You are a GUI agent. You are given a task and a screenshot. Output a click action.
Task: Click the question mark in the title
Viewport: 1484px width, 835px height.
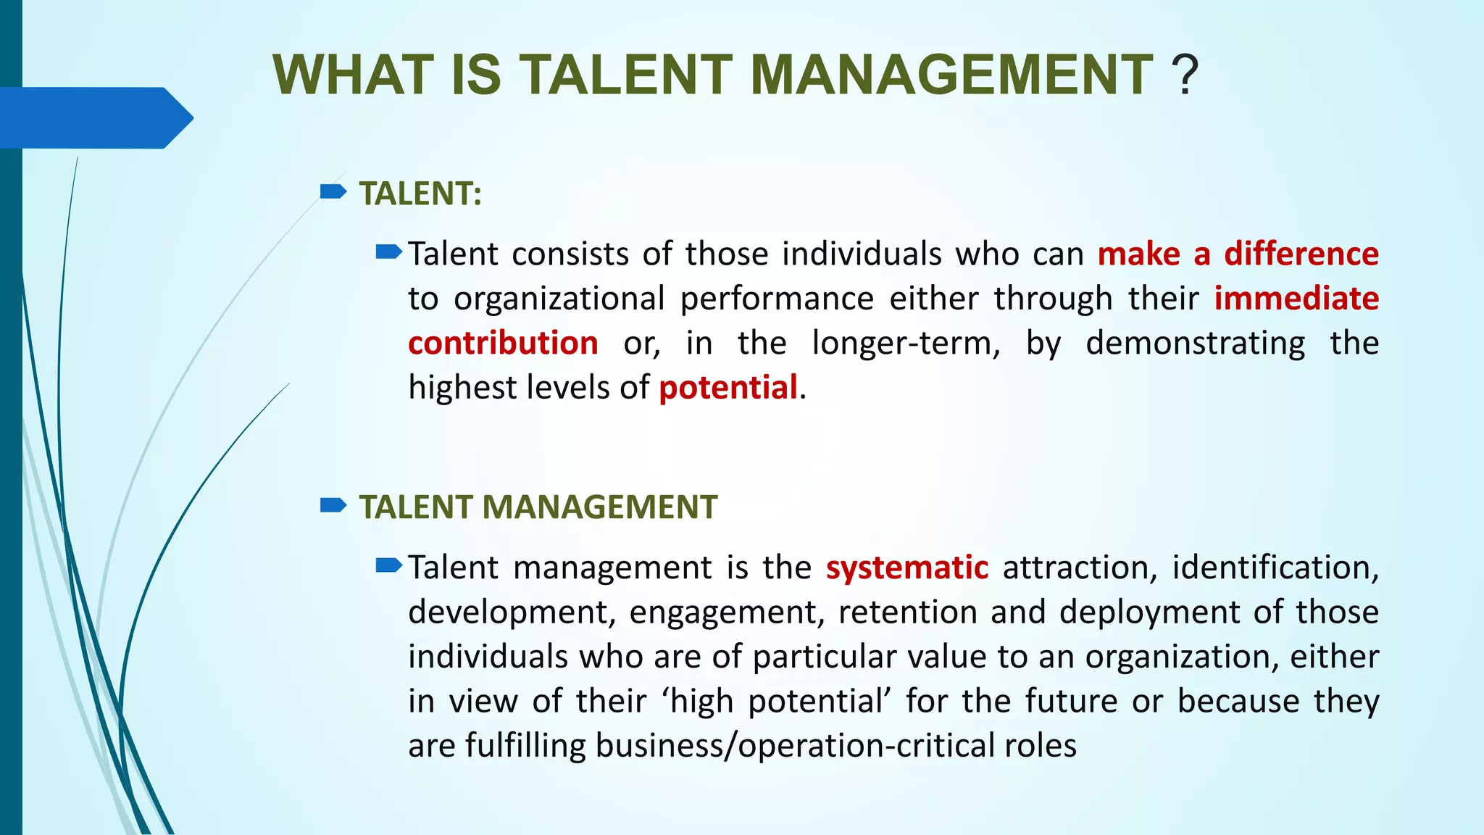pyautogui.click(x=1185, y=75)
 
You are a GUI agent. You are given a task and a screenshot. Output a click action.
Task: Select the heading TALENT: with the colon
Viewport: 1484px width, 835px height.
pyautogui.click(x=420, y=194)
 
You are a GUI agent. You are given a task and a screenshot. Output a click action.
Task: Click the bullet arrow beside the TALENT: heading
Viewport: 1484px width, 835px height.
pyautogui.click(x=333, y=192)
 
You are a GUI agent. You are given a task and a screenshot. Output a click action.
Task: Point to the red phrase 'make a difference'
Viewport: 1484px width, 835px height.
pyautogui.click(x=1238, y=254)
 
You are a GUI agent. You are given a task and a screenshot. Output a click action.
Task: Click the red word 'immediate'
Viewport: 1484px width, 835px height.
pyautogui.click(x=1296, y=299)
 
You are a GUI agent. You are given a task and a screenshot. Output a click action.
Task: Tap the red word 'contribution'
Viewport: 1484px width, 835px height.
pyautogui.click(x=503, y=344)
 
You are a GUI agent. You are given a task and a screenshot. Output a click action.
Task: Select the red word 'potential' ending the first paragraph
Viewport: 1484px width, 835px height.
pyautogui.click(x=728, y=388)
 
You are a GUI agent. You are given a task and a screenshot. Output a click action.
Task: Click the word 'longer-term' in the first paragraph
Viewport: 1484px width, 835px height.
pyautogui.click(x=906, y=344)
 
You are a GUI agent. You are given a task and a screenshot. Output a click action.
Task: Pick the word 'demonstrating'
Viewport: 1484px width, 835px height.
pyautogui.click(x=1195, y=344)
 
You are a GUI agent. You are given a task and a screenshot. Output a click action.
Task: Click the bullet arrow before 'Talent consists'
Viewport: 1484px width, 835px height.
pyautogui.click(x=389, y=252)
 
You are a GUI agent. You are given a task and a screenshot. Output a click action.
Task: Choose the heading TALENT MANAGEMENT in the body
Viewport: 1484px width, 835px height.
pyautogui.click(x=538, y=507)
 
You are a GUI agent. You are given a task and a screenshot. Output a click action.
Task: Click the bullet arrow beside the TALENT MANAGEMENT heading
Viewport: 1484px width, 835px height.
pyautogui.click(x=333, y=505)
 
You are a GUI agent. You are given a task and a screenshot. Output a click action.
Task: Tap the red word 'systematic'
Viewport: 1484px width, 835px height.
pyautogui.click(x=906, y=568)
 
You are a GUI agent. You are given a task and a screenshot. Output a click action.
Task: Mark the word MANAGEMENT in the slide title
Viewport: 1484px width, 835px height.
pyautogui.click(x=951, y=75)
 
